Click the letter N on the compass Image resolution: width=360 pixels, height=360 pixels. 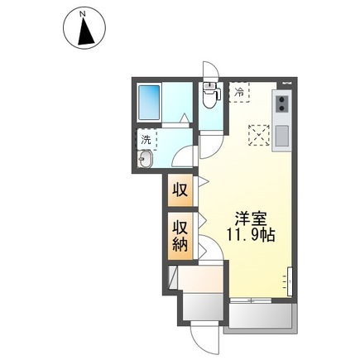point(82,14)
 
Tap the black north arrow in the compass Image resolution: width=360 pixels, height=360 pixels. point(86,32)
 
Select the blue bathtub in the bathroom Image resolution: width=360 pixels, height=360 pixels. point(149,103)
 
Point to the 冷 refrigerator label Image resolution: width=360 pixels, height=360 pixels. point(239,92)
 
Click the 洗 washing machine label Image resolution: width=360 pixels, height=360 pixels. point(146,140)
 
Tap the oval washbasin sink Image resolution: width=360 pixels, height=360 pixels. point(146,159)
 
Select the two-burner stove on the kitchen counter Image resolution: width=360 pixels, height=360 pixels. point(282,103)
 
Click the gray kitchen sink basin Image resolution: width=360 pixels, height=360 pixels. point(282,136)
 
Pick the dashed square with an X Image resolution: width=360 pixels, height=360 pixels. point(259,135)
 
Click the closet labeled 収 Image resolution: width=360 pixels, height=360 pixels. point(180,190)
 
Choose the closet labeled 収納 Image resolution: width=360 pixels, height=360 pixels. point(180,237)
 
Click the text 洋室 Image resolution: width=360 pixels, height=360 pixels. point(251,220)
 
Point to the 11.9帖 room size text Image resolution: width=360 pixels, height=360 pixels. point(251,235)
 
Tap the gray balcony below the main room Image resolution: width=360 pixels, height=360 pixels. point(261,315)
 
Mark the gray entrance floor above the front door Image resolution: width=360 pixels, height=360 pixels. point(203,307)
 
